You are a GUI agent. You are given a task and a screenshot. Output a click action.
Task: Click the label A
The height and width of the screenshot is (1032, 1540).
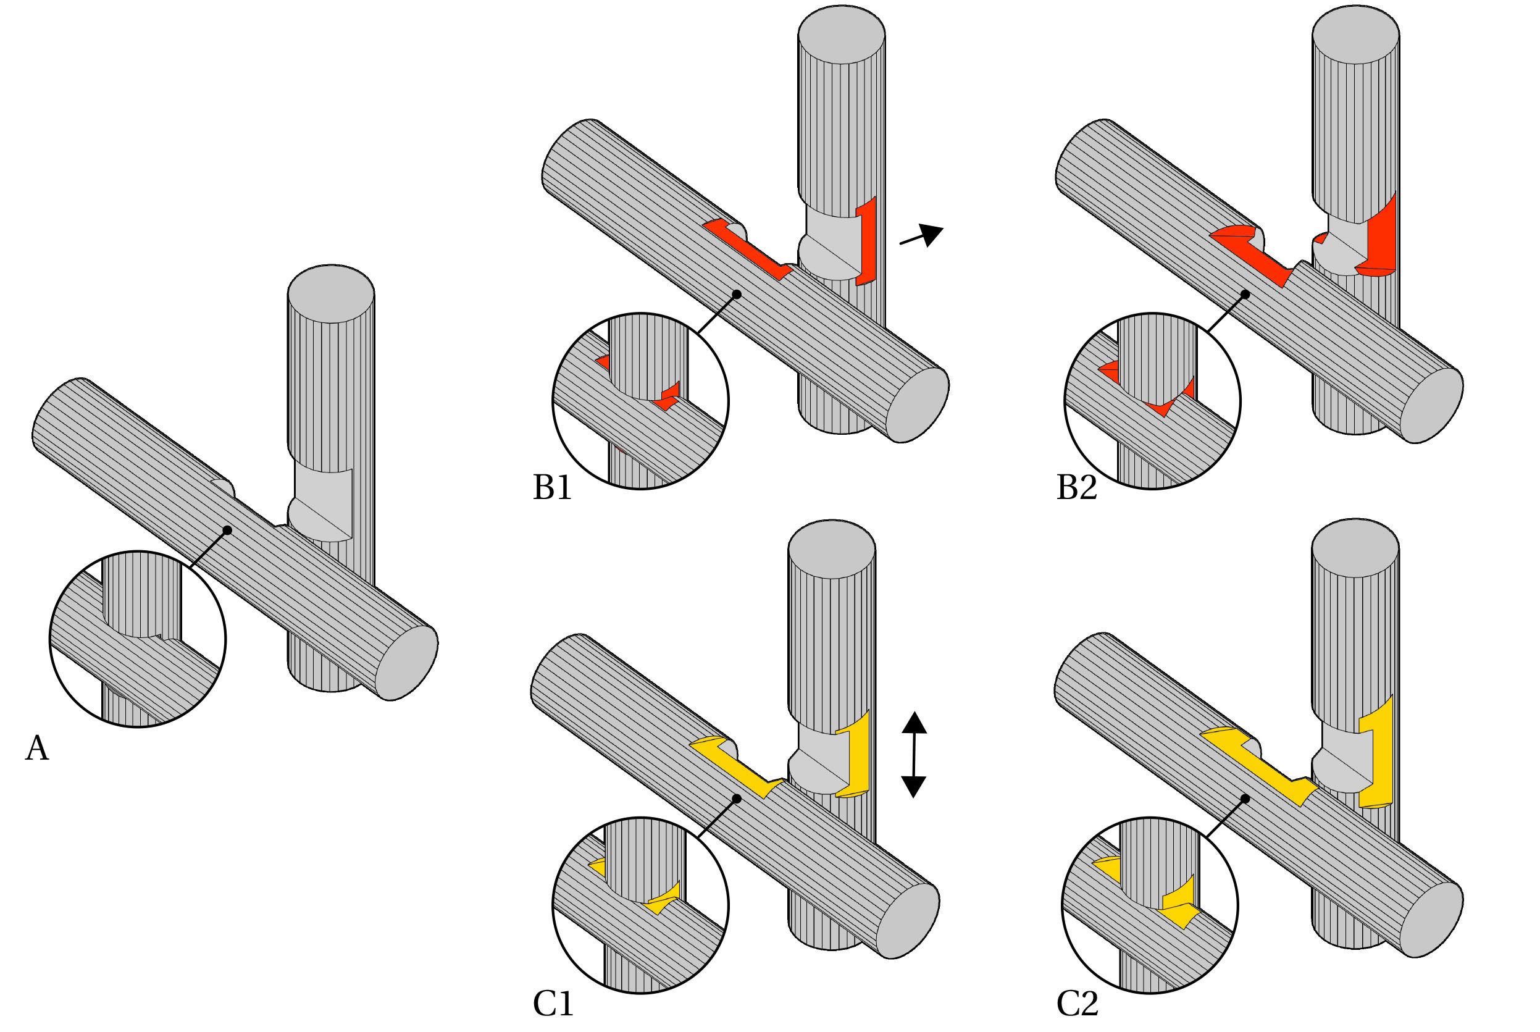(x=37, y=749)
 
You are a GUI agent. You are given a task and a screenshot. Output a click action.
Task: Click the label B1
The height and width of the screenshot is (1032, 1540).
(x=552, y=488)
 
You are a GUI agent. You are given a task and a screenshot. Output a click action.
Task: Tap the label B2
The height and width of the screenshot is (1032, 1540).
(x=1077, y=488)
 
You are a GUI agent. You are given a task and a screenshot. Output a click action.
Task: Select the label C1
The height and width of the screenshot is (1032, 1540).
(x=553, y=1004)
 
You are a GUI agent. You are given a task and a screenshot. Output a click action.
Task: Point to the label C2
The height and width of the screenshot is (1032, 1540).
(x=1078, y=1004)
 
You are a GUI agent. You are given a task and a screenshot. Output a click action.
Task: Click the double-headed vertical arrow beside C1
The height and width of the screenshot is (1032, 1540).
(x=914, y=754)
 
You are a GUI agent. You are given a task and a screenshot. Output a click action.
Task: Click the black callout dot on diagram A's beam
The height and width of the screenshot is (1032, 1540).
(x=227, y=530)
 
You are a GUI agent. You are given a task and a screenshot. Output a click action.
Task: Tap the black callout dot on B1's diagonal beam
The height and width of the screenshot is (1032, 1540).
(x=737, y=294)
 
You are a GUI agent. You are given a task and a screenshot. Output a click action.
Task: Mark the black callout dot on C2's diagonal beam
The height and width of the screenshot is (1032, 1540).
(x=1245, y=799)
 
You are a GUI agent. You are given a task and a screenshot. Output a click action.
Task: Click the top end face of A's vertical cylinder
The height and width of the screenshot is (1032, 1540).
(x=331, y=293)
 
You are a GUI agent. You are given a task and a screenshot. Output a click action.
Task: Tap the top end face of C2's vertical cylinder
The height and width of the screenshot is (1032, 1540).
(x=1355, y=548)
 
